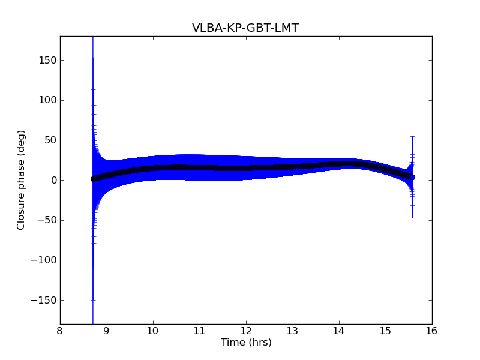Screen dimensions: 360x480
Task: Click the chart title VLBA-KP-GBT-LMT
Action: pyautogui.click(x=245, y=28)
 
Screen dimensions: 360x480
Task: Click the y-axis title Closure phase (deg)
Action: pyautogui.click(x=22, y=180)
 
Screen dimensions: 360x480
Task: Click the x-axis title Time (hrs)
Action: pyautogui.click(x=246, y=343)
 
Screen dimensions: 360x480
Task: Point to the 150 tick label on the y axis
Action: pyautogui.click(x=47, y=60)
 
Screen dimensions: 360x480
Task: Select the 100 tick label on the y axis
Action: pyautogui.click(x=47, y=100)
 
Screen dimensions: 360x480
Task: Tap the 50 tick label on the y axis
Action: pyautogui.click(x=50, y=140)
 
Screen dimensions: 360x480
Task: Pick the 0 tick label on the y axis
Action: pyautogui.click(x=53, y=180)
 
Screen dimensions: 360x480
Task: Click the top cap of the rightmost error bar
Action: pyautogui.click(x=413, y=137)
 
